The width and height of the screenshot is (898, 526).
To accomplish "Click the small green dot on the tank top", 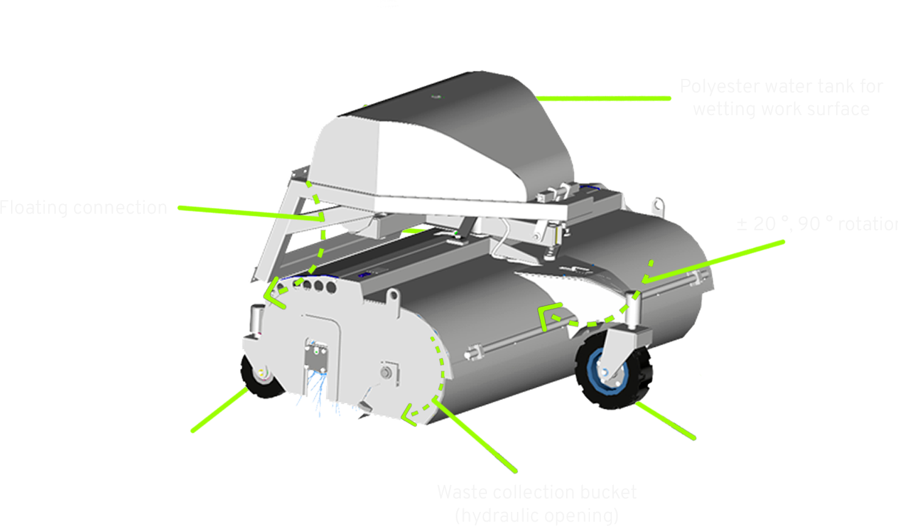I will pyautogui.click(x=436, y=96).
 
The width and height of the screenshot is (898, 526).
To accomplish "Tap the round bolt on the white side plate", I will pyautogui.click(x=385, y=372).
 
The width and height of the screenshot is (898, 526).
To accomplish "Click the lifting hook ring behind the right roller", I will pyautogui.click(x=657, y=205).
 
